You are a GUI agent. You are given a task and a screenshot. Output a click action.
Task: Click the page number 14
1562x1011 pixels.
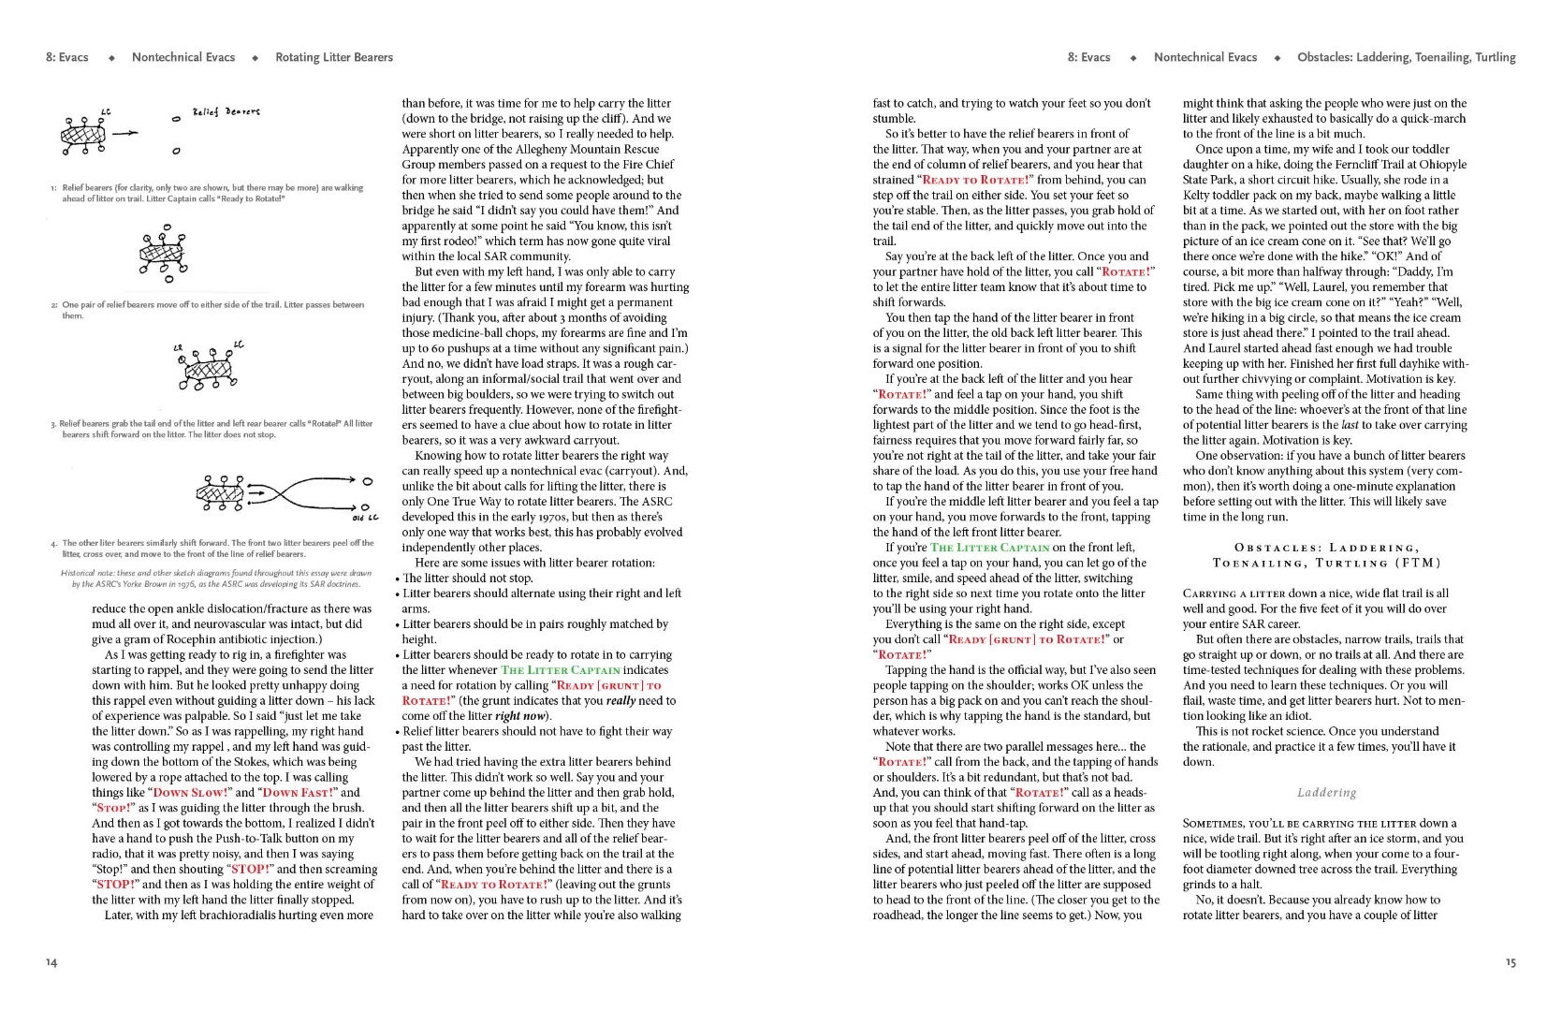pyautogui.click(x=51, y=962)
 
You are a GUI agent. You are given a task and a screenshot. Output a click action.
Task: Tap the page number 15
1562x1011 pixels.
pyautogui.click(x=1510, y=962)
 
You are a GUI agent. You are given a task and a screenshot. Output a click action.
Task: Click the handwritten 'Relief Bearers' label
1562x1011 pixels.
pyautogui.click(x=226, y=112)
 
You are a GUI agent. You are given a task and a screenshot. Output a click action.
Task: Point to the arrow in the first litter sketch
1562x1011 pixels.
pyautogui.click(x=124, y=133)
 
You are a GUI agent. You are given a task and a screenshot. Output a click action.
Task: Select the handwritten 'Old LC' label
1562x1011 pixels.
pyautogui.click(x=365, y=517)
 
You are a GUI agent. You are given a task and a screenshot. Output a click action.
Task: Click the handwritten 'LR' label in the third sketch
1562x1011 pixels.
pyautogui.click(x=178, y=348)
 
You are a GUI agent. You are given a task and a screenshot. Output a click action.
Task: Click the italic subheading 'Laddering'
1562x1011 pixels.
pyautogui.click(x=1326, y=793)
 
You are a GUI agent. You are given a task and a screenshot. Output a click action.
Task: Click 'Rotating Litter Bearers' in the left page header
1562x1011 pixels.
pyautogui.click(x=334, y=57)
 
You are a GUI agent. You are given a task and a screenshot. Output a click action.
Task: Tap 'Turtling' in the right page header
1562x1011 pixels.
pyautogui.click(x=1495, y=57)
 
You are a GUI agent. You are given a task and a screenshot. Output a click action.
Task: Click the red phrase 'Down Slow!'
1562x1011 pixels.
pyautogui.click(x=191, y=792)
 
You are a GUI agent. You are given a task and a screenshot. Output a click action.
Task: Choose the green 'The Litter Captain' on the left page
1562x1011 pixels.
pyautogui.click(x=560, y=670)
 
